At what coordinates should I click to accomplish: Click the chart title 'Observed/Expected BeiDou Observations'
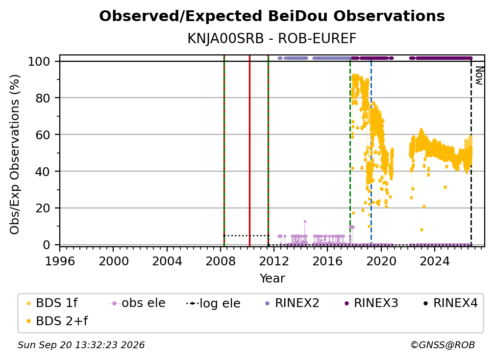(x=272, y=16)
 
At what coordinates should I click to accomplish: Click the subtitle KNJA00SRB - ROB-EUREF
(x=272, y=38)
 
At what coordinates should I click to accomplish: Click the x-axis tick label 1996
(x=60, y=261)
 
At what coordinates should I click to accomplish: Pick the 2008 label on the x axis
(x=221, y=261)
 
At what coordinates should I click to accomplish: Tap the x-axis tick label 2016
(x=327, y=261)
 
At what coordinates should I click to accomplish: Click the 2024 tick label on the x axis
(x=434, y=261)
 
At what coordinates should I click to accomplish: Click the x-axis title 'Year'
(x=272, y=279)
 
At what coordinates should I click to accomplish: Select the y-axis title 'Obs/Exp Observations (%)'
(x=15, y=154)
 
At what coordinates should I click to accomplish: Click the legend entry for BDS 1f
(x=52, y=303)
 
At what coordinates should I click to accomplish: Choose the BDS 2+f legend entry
(x=57, y=321)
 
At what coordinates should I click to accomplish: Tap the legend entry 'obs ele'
(x=137, y=303)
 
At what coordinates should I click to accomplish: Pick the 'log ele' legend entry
(x=213, y=304)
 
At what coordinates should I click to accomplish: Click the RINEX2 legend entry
(x=293, y=303)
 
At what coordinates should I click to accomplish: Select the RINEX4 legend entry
(x=450, y=303)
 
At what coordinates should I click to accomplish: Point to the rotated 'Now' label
(x=479, y=76)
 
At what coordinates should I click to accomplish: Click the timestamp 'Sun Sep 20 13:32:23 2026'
(x=81, y=345)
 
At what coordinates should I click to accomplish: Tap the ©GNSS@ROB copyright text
(x=443, y=345)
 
